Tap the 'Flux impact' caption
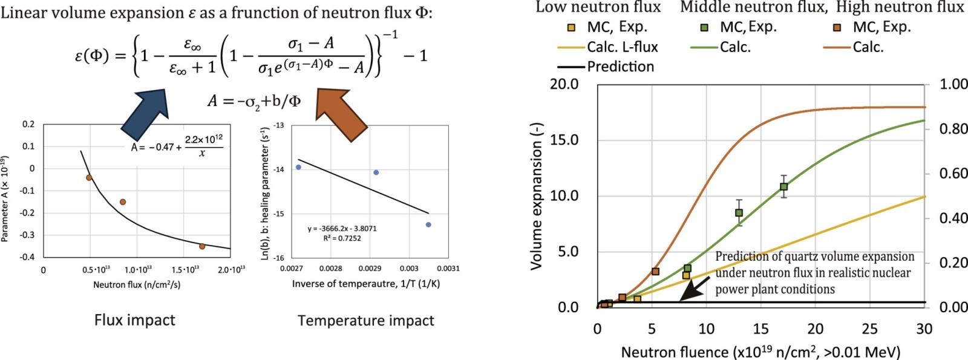134,319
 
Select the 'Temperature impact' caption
365,321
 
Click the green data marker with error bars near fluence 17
783,186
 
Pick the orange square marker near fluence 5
655,271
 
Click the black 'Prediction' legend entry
620,67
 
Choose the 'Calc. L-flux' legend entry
622,47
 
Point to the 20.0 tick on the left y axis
564,83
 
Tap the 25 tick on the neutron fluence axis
870,329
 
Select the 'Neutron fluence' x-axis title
760,352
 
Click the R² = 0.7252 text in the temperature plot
342,238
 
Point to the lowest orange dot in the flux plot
202,246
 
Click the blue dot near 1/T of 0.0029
376,172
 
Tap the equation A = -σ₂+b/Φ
254,100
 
